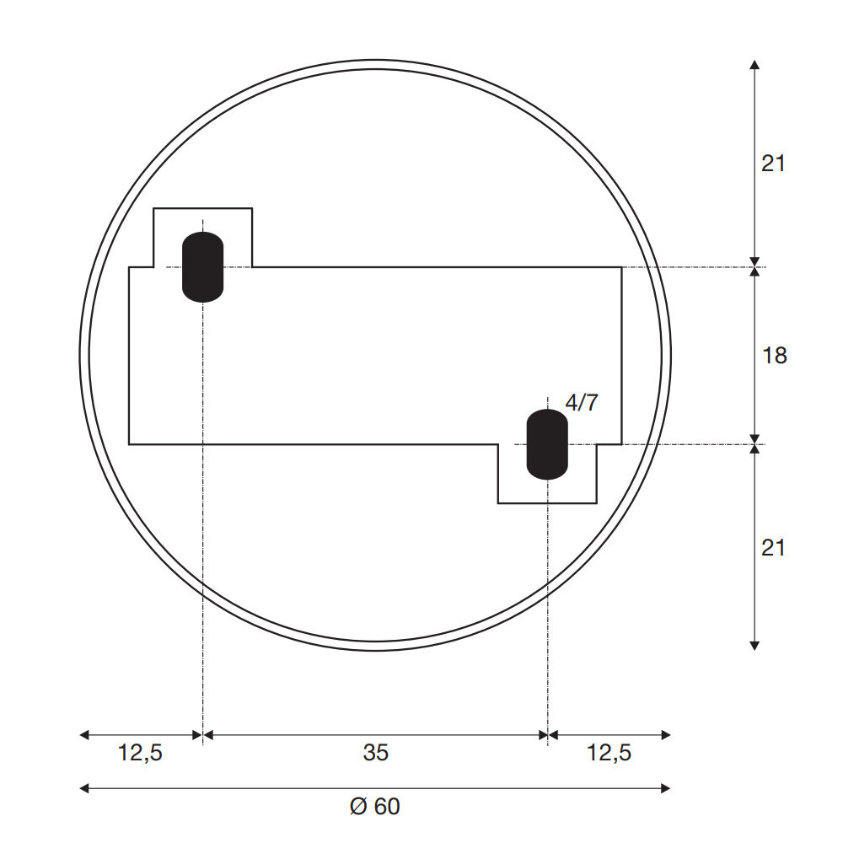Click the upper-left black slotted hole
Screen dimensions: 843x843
(202, 266)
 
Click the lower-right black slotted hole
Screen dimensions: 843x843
(547, 444)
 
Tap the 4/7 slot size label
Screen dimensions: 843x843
(582, 403)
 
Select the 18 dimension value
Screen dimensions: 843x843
(774, 356)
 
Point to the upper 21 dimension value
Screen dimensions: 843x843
(773, 164)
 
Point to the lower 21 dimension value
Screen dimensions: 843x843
(773, 548)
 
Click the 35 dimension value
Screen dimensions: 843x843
(375, 753)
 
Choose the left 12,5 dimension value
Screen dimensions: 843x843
(140, 753)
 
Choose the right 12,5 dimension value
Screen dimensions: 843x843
(609, 753)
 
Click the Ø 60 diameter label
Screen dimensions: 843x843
(375, 807)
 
